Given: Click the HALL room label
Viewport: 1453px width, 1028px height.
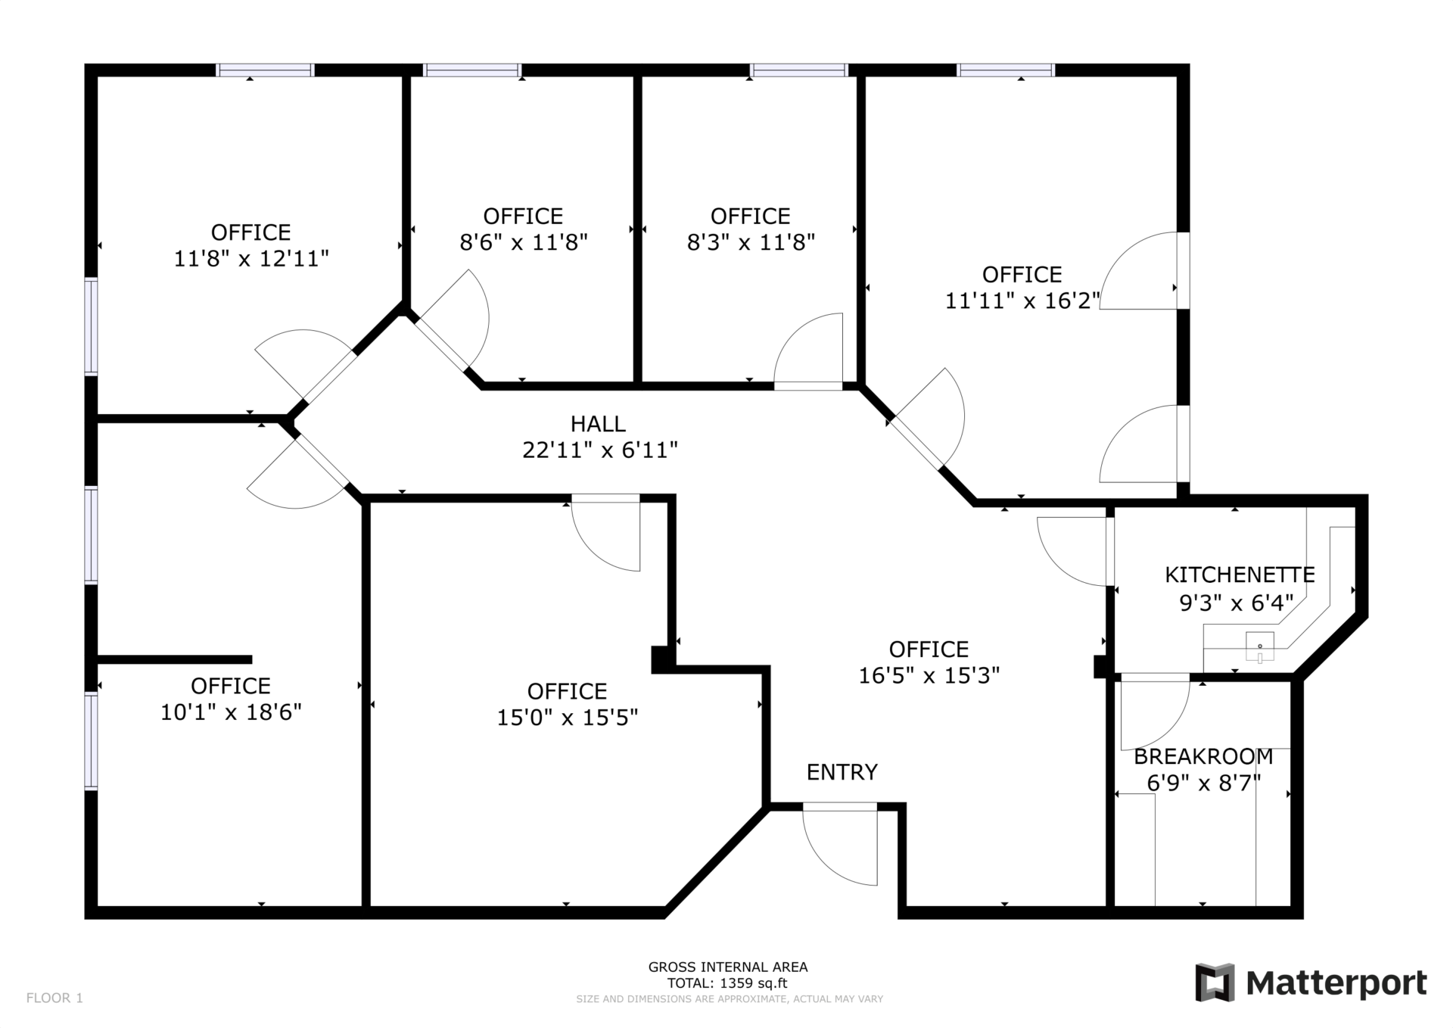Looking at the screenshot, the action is (x=598, y=424).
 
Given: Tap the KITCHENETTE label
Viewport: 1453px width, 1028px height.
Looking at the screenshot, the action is (x=1240, y=575).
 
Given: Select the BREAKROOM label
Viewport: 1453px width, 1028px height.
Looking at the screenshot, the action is (x=1203, y=757).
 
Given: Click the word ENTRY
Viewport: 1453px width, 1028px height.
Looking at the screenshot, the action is (x=842, y=772).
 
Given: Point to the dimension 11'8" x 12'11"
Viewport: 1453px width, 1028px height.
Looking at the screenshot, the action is (x=251, y=259).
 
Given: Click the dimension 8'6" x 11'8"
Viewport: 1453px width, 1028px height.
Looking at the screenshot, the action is (x=524, y=242).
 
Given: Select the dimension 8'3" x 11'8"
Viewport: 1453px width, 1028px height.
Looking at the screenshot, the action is (x=751, y=242).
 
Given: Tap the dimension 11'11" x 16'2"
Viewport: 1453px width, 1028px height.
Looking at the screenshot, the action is (x=1022, y=301).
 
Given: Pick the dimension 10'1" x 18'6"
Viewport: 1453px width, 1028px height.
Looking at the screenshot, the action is (x=231, y=712).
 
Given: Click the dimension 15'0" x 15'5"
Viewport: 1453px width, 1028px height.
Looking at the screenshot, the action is (x=568, y=718).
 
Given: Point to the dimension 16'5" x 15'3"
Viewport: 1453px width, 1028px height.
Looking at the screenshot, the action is (x=929, y=675).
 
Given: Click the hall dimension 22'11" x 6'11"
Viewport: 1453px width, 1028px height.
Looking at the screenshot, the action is (x=599, y=450).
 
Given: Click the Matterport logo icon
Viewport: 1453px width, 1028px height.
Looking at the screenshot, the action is (x=1215, y=983).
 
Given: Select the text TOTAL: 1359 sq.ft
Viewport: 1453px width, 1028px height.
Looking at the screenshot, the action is (x=727, y=983).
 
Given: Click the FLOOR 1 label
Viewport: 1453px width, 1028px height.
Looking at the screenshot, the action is (x=54, y=998).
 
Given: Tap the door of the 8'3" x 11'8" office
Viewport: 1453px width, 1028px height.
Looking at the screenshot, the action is (x=808, y=385).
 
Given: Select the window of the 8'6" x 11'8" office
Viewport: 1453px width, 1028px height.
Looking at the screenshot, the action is (x=472, y=70).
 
